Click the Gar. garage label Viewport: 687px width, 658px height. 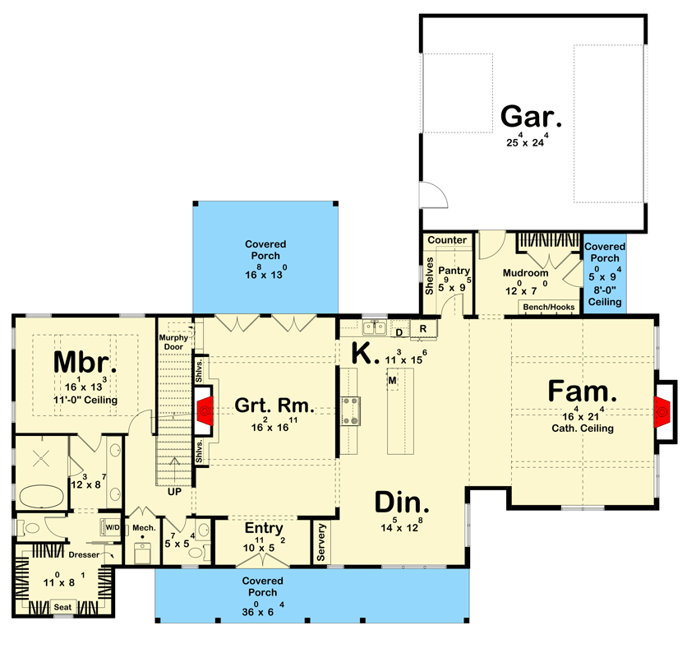[x=532, y=117]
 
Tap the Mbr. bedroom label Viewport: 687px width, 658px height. [x=85, y=362]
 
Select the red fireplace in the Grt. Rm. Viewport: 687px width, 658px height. [x=206, y=406]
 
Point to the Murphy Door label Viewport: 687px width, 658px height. [x=174, y=342]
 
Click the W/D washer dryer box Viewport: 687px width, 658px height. [x=110, y=526]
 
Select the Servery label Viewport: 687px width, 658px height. [x=321, y=543]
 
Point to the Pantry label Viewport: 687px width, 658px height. [x=453, y=271]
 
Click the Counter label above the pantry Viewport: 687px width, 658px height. [x=447, y=240]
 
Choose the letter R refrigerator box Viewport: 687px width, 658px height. [x=422, y=327]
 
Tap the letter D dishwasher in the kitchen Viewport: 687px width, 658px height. [x=400, y=332]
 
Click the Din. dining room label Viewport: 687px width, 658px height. [x=402, y=503]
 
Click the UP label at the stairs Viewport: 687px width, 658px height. [x=174, y=492]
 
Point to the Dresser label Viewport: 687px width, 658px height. [x=84, y=555]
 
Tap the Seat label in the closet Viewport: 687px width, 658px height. [x=62, y=607]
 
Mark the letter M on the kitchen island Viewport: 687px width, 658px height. [x=393, y=381]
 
